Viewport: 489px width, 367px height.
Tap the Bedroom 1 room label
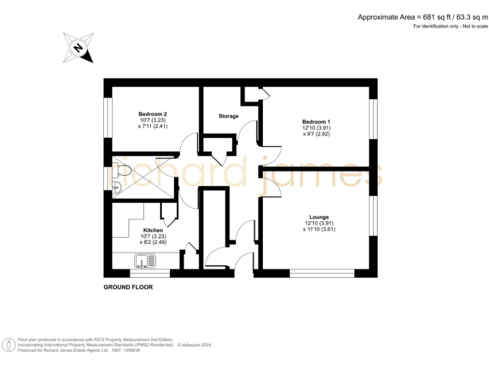316,121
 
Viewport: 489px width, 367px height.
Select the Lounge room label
319,217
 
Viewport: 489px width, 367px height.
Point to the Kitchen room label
153,230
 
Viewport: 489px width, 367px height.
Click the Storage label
229,116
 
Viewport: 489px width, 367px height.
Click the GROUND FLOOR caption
128,287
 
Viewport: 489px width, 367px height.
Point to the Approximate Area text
421,17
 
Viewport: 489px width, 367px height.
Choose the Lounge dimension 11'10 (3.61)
319,229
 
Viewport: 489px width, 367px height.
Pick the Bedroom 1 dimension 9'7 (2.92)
316,134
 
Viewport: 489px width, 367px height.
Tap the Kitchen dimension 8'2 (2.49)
153,242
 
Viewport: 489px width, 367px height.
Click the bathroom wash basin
116,186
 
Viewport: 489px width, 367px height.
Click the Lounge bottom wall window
322,274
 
